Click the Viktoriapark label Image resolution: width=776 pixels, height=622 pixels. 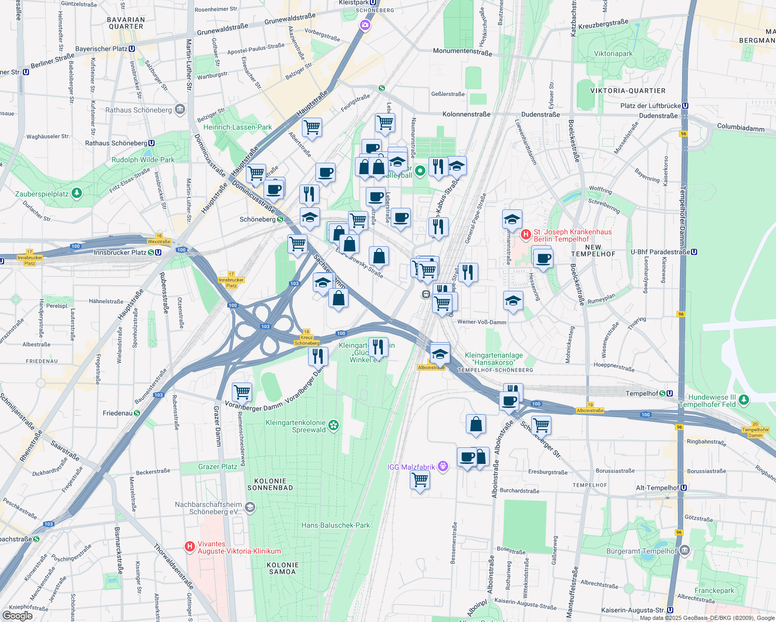tap(613, 54)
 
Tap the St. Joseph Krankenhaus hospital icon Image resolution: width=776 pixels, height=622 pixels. tap(526, 235)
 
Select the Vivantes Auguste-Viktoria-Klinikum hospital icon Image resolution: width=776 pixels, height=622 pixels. tap(190, 547)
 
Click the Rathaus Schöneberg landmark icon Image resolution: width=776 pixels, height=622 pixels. tap(180, 109)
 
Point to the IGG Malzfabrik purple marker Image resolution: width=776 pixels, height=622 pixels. tap(442, 466)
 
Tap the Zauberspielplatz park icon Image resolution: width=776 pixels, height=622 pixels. tap(77, 193)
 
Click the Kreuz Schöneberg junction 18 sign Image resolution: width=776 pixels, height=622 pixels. tap(307, 337)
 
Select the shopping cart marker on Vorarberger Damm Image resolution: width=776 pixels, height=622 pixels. tap(242, 392)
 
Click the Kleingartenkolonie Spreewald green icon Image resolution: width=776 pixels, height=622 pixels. tap(334, 426)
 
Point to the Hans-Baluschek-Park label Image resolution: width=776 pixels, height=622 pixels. tap(336, 525)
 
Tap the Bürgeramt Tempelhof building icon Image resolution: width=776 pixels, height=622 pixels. tap(684, 550)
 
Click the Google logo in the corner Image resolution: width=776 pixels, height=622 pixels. tap(17, 616)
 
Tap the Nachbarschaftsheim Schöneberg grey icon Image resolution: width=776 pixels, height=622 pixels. tap(250, 507)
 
